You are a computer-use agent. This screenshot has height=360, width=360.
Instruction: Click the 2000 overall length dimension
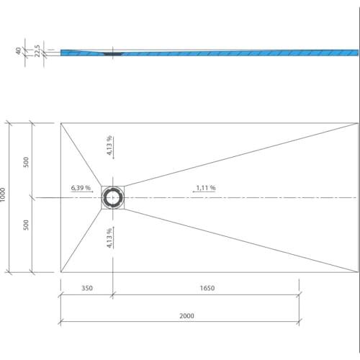tap(186, 316)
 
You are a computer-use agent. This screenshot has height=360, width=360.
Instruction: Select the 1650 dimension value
tap(207, 288)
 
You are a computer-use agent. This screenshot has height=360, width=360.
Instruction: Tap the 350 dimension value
tap(87, 288)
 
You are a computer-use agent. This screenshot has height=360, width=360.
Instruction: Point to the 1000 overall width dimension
tap(2, 194)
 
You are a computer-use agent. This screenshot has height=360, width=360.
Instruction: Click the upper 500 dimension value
tap(26, 162)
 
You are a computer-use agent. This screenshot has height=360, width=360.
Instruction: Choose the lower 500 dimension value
tap(26, 225)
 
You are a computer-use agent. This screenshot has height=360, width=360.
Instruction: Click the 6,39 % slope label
tap(81, 188)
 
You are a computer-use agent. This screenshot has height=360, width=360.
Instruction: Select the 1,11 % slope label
tap(206, 188)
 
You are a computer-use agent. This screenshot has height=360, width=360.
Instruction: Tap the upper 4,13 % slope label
tap(109, 145)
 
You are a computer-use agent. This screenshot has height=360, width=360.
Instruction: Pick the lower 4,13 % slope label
tap(109, 238)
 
